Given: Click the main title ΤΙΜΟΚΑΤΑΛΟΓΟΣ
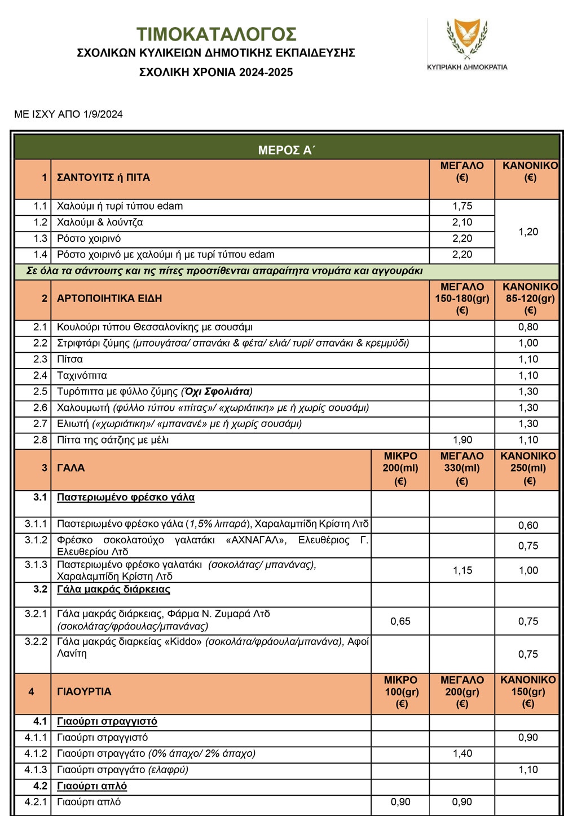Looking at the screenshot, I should click(216, 34).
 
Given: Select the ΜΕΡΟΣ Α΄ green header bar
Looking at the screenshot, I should click(287, 150).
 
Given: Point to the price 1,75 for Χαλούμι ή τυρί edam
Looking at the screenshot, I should click(462, 206).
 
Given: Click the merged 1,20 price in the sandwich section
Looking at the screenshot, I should click(528, 232).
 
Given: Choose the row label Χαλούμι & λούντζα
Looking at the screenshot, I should click(100, 223).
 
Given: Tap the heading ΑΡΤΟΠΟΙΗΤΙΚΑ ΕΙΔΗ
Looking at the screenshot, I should click(109, 298).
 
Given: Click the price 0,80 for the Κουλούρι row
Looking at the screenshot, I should click(528, 327).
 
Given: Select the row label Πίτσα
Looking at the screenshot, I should click(70, 360).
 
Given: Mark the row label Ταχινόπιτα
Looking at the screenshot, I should click(82, 376).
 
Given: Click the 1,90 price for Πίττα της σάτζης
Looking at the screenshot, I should click(462, 440).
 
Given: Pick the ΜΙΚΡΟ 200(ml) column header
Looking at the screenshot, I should click(400, 468).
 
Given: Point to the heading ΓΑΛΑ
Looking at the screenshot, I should click(71, 468).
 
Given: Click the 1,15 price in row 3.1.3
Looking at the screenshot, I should click(462, 570).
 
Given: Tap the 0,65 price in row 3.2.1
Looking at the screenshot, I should click(400, 622).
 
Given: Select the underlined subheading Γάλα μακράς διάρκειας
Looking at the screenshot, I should click(113, 589).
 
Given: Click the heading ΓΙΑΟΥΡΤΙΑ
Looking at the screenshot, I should click(85, 691).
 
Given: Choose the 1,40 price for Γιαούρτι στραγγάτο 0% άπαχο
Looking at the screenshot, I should click(462, 754).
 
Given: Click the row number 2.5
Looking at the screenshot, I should click(40, 392).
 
